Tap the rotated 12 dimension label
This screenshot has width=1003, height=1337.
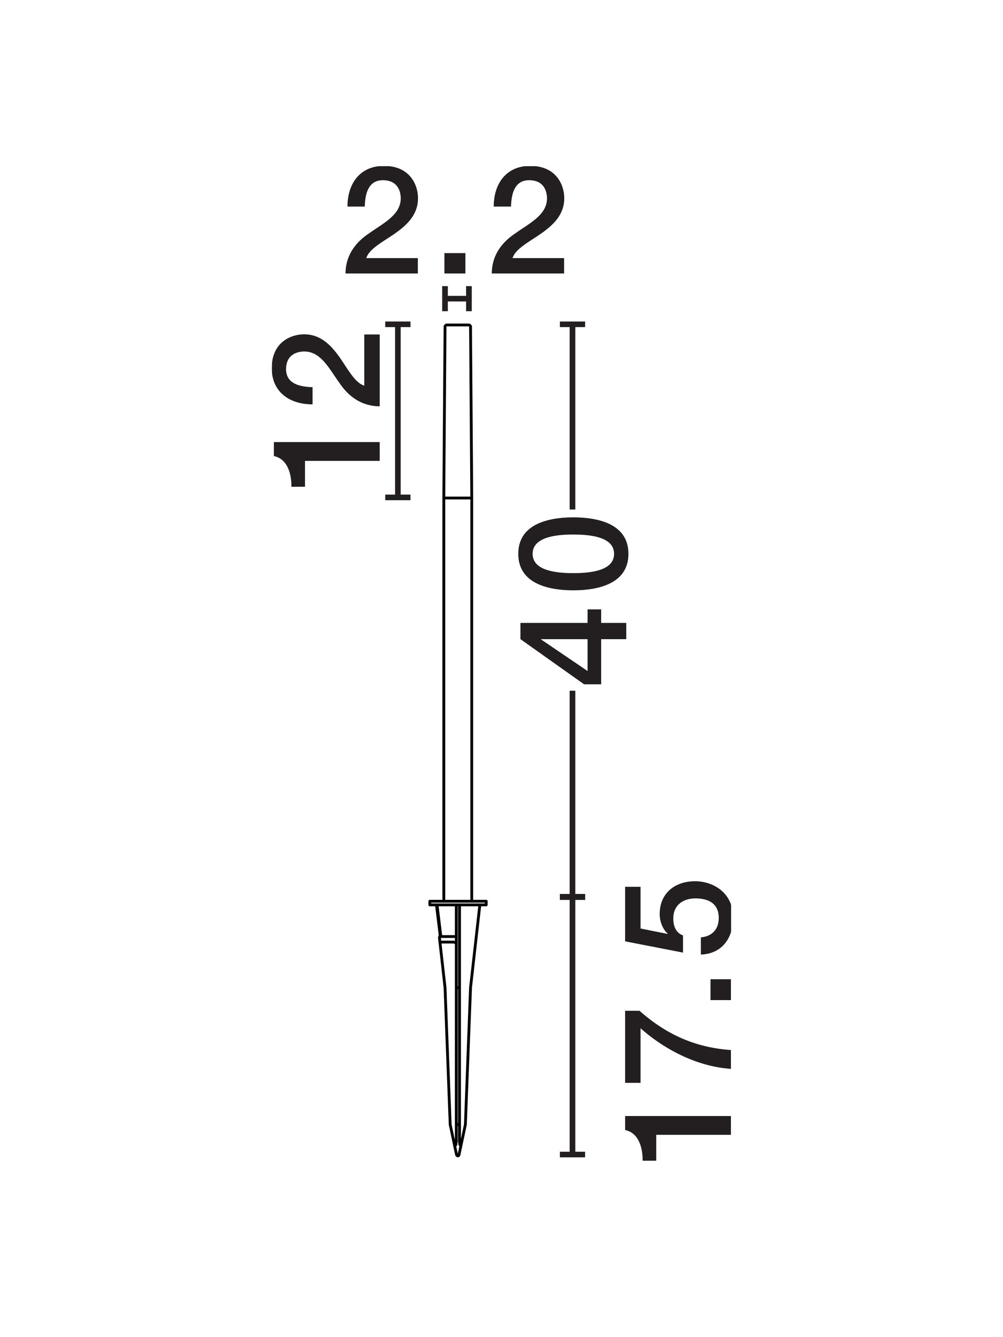326,411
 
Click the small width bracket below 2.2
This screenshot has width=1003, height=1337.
457,299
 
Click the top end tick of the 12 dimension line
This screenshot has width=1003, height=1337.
398,324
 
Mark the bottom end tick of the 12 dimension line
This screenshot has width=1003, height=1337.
398,497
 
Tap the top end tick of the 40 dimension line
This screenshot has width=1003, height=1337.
573,324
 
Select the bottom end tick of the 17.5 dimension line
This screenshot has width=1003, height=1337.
573,1154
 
